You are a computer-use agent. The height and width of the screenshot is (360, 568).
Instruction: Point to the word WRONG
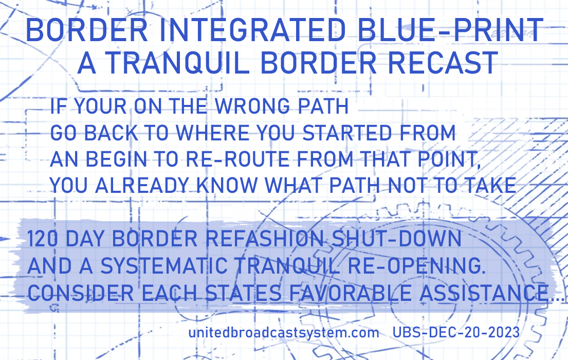point(252,106)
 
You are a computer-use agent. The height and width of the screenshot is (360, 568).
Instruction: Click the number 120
point(42,239)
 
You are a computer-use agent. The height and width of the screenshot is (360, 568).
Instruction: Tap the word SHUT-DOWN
point(396,239)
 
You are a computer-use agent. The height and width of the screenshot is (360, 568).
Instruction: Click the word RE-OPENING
point(416,266)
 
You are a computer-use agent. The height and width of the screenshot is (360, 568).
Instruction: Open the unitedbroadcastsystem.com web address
point(284,332)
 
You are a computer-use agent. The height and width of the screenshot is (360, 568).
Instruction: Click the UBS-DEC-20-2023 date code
point(456,332)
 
